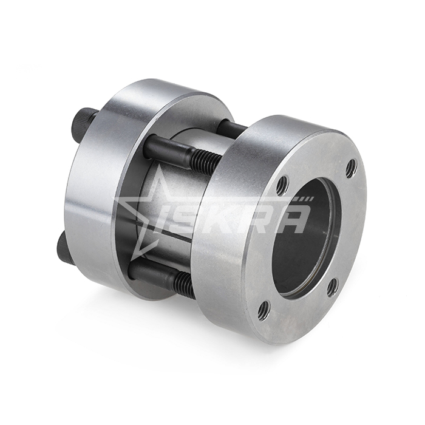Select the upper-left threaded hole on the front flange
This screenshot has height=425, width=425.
click(x=284, y=184)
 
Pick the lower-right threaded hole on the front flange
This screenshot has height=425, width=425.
click(x=333, y=286)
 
